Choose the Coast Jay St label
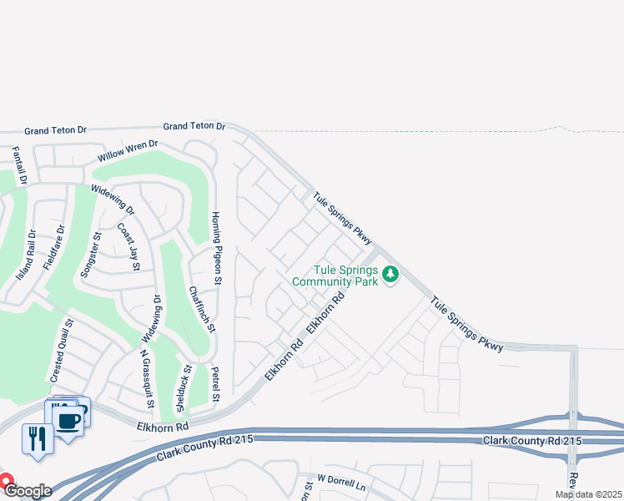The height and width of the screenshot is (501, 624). click(x=128, y=246)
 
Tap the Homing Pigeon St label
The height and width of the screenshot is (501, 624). click(x=215, y=248)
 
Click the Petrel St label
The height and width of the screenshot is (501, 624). click(x=215, y=383)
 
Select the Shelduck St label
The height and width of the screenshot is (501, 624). click(x=182, y=388)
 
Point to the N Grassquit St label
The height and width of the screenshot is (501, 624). click(x=146, y=379)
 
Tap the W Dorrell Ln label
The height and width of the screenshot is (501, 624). click(x=341, y=483)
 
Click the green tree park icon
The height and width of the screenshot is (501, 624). click(x=390, y=275)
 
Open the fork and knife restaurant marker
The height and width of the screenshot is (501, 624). click(x=37, y=437)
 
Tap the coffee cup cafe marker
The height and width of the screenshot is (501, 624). click(x=68, y=418)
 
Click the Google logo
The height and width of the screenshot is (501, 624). click(x=28, y=490)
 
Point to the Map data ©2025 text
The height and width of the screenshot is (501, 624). click(x=589, y=494)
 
